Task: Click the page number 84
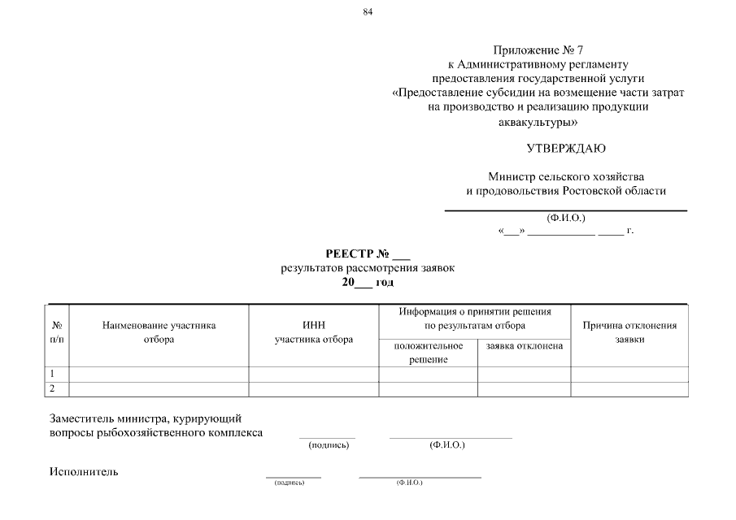point(368,11)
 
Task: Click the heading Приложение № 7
point(538,50)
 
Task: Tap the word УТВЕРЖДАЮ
point(566,148)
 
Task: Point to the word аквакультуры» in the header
point(538,123)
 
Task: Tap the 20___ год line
point(368,282)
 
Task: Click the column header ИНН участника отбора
point(314,332)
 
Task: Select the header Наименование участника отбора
point(159,332)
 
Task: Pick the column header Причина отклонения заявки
point(629,332)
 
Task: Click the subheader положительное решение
point(428,353)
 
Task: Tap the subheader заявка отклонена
point(524,346)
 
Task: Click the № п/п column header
point(57,332)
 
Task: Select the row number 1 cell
point(57,374)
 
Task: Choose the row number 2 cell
point(57,389)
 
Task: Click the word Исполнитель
point(83,472)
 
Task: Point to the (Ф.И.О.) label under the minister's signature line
point(566,217)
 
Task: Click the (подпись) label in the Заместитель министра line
point(329,445)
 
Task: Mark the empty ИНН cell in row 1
point(314,374)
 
